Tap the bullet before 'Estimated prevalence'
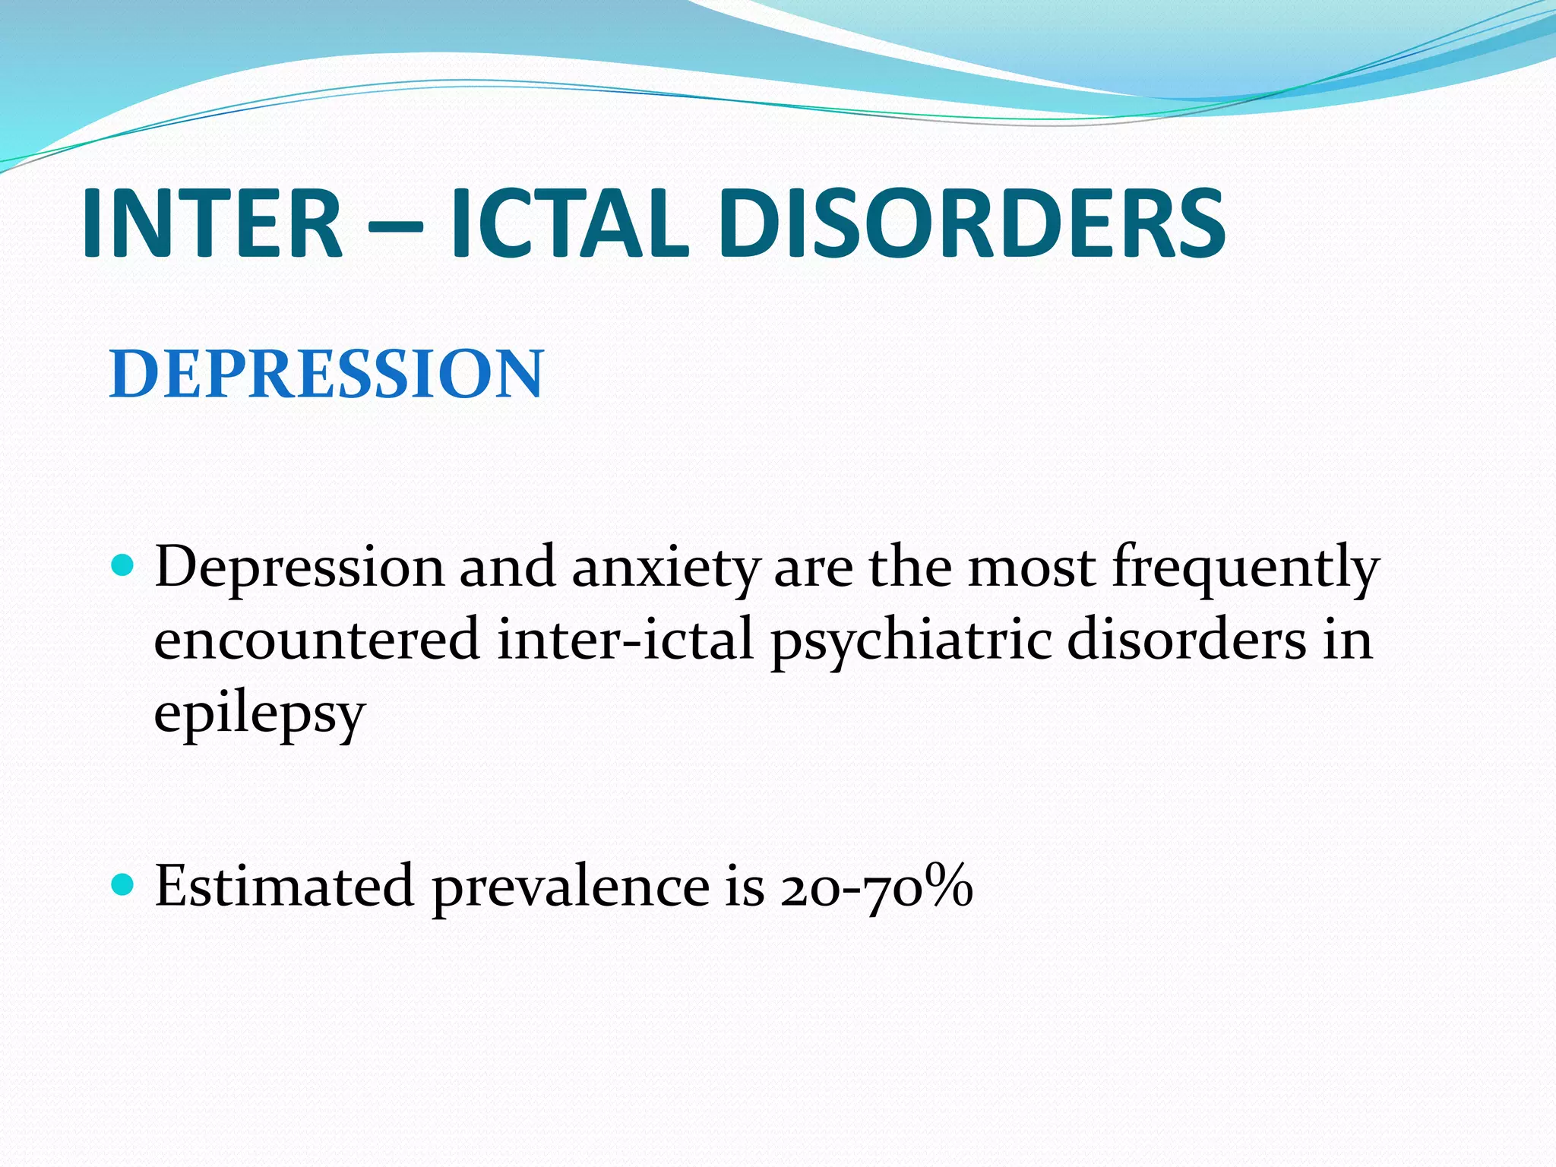(x=122, y=884)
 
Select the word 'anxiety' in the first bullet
(x=666, y=568)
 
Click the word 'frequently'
(x=1245, y=568)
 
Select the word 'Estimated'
(x=284, y=886)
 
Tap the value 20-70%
(x=876, y=886)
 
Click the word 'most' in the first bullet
(x=1031, y=568)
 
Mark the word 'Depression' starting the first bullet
(x=299, y=568)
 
